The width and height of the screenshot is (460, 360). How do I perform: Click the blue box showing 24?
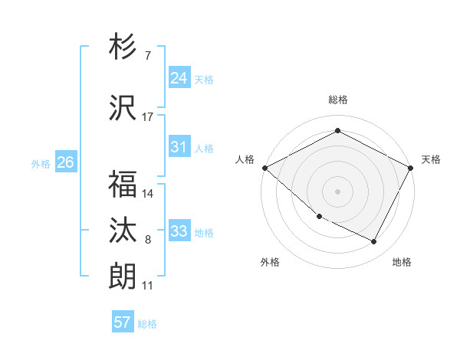coord(179,78)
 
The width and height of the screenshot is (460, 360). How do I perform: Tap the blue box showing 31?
coord(179,147)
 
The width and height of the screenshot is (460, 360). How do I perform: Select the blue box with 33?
coord(179,231)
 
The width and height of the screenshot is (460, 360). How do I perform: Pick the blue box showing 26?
coord(65,162)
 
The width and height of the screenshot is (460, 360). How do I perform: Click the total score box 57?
coord(122,322)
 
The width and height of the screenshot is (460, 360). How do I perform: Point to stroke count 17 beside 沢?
coord(148,116)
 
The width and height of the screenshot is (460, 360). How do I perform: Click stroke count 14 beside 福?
coord(148,194)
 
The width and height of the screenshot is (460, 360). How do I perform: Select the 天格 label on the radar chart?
coord(431,159)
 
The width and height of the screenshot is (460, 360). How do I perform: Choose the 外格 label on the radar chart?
coord(270,262)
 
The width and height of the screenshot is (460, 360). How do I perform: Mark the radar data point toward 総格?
coord(337,131)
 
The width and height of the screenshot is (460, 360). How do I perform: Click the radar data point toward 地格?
coord(374,241)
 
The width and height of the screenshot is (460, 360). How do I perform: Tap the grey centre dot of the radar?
coord(337,191)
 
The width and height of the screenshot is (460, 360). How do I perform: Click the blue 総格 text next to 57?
coord(147,323)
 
